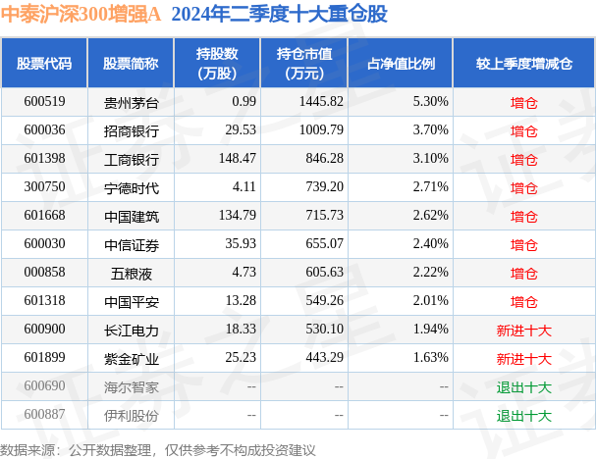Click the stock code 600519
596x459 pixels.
coord(44,101)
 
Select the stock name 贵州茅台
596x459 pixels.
coord(131,101)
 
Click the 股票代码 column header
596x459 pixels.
coord(44,64)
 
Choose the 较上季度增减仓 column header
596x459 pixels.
coord(523,64)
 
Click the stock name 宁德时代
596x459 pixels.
coord(131,187)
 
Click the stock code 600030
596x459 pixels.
coord(44,244)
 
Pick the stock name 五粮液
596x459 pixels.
coord(131,273)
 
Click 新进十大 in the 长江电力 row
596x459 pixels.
coord(523,331)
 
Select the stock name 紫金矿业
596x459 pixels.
coord(131,359)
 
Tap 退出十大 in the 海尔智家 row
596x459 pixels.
coord(523,387)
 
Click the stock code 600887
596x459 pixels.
coord(44,416)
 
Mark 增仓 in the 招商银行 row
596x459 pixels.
coord(523,130)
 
